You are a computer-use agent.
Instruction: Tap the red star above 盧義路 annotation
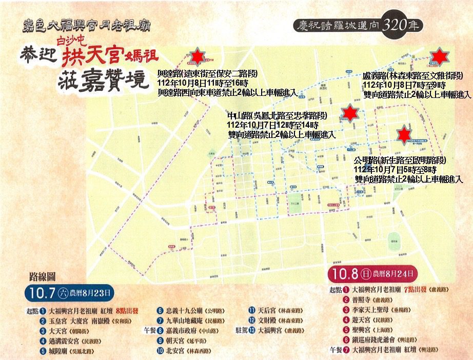(x=439, y=56)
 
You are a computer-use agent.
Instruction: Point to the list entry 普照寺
(x=363, y=299)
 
